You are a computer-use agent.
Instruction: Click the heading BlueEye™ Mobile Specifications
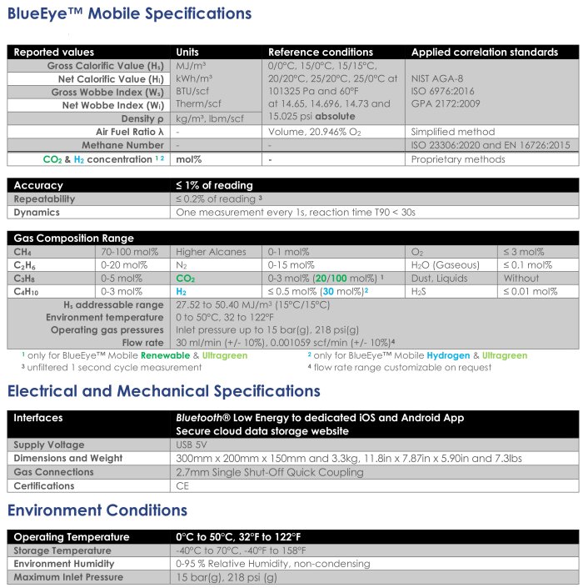tap(129, 14)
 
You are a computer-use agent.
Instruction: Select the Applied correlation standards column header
tap(485, 52)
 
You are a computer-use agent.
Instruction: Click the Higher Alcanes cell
tap(212, 252)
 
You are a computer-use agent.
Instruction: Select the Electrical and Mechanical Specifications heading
tap(164, 391)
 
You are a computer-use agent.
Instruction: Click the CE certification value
tap(183, 485)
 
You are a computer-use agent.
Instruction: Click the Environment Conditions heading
tap(97, 510)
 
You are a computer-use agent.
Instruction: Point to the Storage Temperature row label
tap(62, 550)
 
